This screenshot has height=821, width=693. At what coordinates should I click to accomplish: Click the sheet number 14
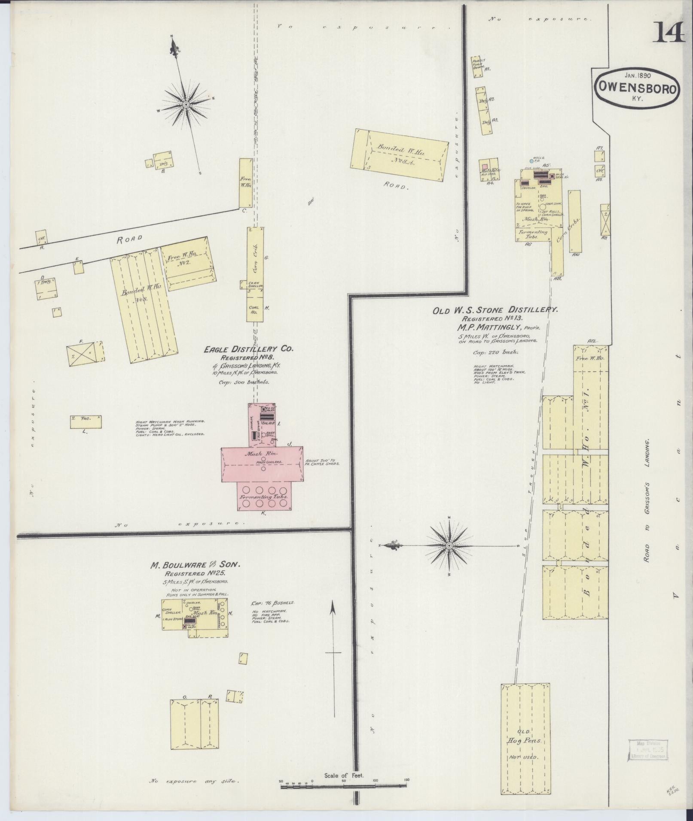point(669,32)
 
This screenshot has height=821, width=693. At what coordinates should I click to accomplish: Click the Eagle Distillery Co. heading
point(248,349)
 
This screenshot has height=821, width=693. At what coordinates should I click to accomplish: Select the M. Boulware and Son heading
point(195,565)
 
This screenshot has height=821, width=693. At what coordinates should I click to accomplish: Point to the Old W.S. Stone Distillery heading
point(495,309)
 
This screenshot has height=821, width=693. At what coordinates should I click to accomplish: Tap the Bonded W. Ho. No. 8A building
point(399,155)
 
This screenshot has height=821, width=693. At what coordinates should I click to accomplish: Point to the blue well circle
point(531,161)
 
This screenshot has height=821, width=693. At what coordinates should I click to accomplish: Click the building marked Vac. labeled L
point(86,421)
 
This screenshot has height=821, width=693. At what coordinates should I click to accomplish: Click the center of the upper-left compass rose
point(186,104)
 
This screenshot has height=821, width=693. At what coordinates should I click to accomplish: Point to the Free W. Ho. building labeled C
point(245,183)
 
